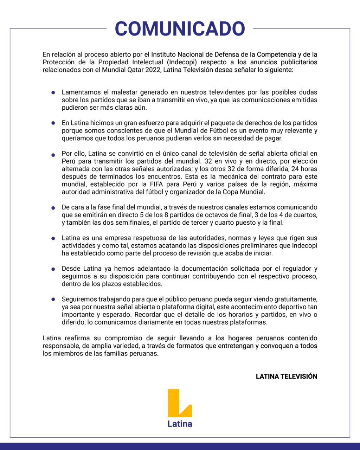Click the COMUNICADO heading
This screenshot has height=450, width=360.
coord(180,29)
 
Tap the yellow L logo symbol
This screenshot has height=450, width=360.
coord(179,403)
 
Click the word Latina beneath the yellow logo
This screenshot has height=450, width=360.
coord(180,424)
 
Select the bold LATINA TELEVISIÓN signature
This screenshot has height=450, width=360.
coord(286,377)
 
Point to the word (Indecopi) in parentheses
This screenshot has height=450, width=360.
coord(181,62)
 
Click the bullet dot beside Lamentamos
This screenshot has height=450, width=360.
coord(53,93)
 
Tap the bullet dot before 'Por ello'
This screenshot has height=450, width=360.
coord(53,155)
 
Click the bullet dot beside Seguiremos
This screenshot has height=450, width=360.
coord(53,300)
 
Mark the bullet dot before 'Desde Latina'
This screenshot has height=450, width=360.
coord(53,269)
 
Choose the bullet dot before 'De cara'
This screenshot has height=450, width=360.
coord(53,208)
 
